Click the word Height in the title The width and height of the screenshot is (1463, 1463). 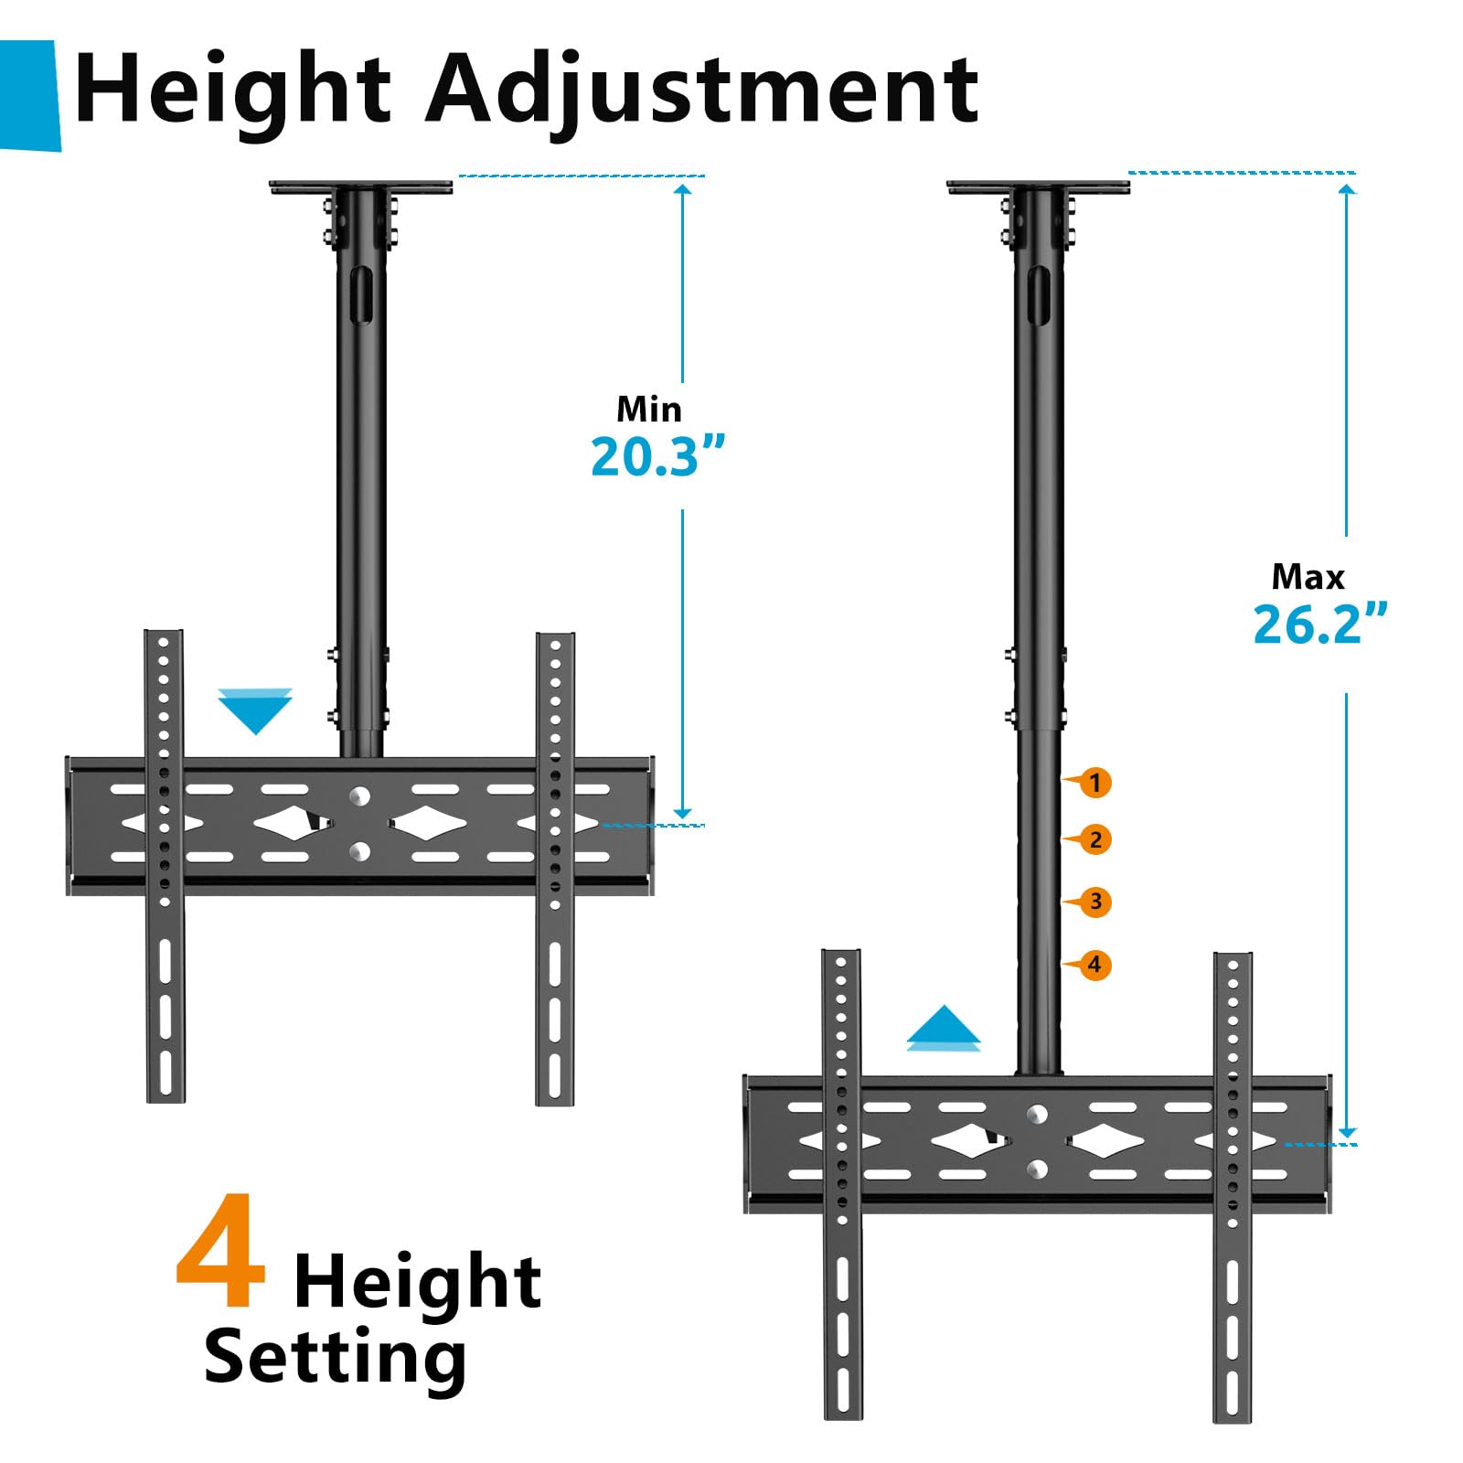click(x=233, y=90)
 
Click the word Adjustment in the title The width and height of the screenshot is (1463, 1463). click(x=702, y=90)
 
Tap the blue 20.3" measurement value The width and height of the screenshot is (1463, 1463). click(x=657, y=456)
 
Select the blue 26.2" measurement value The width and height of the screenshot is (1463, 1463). click(x=1319, y=624)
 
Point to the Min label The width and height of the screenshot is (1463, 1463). click(x=649, y=409)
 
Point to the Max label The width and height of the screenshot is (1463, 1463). click(x=1308, y=577)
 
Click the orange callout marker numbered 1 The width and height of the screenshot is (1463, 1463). click(x=1095, y=783)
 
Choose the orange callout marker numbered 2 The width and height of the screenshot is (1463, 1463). click(x=1095, y=839)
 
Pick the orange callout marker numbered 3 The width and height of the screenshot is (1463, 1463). click(x=1095, y=902)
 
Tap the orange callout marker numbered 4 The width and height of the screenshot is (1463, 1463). click(x=1095, y=965)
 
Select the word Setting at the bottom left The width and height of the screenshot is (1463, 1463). click(x=336, y=1357)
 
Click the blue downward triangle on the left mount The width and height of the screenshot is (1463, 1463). click(x=255, y=711)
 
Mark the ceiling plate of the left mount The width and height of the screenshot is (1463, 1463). click(x=360, y=187)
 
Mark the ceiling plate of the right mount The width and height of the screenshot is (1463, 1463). click(x=1038, y=187)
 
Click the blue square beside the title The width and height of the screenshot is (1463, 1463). click(x=29, y=95)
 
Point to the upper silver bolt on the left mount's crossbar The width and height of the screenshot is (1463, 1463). click(x=359, y=796)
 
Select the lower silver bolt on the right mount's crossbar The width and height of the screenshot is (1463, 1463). click(x=1037, y=1169)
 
